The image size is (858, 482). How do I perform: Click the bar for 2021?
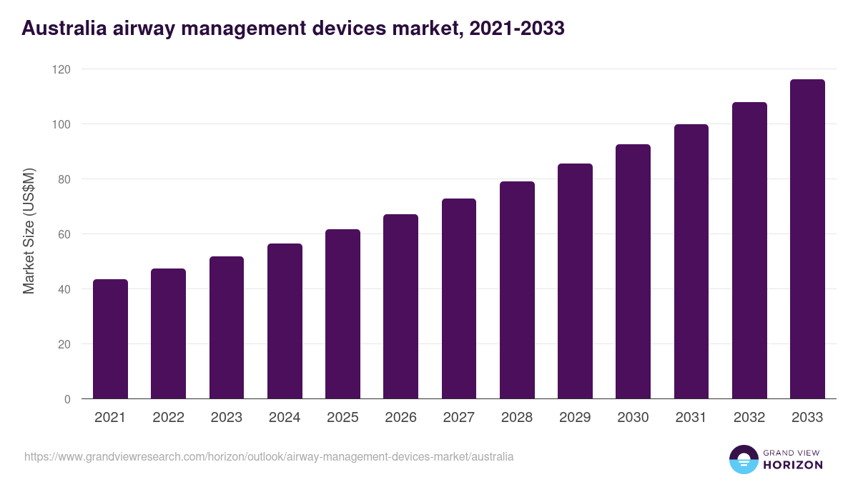[110, 339]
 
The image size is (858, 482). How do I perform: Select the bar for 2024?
[285, 321]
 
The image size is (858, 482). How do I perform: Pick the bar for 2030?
[633, 271]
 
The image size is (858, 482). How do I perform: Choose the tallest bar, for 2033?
[807, 239]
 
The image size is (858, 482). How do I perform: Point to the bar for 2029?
[576, 281]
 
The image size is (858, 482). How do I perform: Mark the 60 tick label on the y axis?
[64, 234]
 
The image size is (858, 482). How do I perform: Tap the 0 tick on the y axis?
[67, 399]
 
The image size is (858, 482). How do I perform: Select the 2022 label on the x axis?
[168, 418]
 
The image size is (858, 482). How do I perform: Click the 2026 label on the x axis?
[400, 418]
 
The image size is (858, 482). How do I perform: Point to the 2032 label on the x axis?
[749, 418]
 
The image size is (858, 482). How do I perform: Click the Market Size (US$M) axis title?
[29, 231]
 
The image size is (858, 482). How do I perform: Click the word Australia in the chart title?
[64, 28]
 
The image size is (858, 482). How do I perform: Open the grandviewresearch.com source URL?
[269, 456]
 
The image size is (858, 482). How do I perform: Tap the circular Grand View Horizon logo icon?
[744, 459]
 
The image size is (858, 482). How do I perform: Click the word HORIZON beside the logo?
[793, 465]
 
